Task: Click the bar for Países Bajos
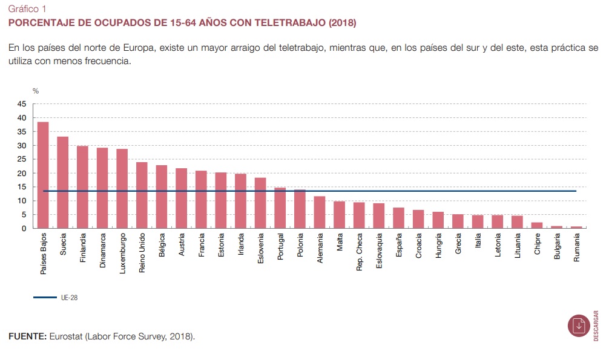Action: coord(43,175)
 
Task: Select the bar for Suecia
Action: coord(63,183)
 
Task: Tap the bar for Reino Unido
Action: coord(142,195)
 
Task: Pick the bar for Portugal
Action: coord(280,208)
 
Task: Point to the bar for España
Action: coord(399,218)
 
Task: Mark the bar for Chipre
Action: coord(537,226)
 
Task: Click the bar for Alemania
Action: coord(320,212)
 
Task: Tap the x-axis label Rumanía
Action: coord(577,250)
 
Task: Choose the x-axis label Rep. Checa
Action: coord(360,255)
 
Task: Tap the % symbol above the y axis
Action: coord(36,91)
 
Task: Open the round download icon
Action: coord(579,326)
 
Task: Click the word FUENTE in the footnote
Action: coord(27,336)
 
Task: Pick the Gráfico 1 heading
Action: coord(28,10)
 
